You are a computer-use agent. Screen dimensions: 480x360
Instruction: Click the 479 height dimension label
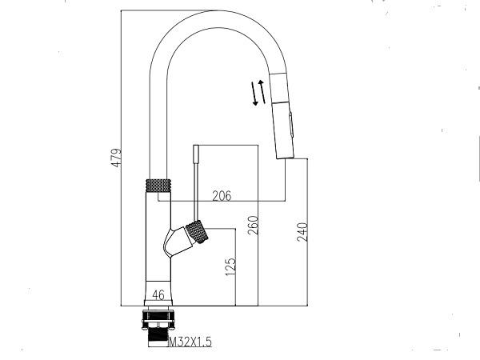[116, 158]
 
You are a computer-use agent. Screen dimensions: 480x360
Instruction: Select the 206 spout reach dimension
[222, 196]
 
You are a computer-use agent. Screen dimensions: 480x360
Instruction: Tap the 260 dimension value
[253, 226]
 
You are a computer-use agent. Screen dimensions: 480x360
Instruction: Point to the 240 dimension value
[302, 232]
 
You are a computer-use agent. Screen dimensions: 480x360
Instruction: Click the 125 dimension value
[231, 266]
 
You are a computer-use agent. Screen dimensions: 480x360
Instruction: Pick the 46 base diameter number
[158, 295]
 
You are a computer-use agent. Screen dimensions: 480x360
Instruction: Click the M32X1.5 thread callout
[190, 342]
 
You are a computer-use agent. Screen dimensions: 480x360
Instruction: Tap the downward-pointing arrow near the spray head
[254, 94]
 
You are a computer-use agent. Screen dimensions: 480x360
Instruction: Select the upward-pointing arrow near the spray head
[262, 91]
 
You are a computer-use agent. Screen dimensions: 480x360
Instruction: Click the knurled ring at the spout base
[158, 186]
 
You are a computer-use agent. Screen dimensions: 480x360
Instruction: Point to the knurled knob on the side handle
[197, 232]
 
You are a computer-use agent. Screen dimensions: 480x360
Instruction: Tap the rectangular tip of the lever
[196, 154]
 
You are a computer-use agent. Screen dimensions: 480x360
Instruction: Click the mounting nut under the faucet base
[158, 319]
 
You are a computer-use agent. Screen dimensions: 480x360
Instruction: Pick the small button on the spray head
[291, 125]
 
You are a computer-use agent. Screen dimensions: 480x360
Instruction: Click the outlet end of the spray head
[286, 157]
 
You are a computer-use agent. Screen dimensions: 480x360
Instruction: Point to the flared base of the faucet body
[158, 294]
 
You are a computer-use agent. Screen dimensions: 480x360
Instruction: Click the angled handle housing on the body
[178, 242]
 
